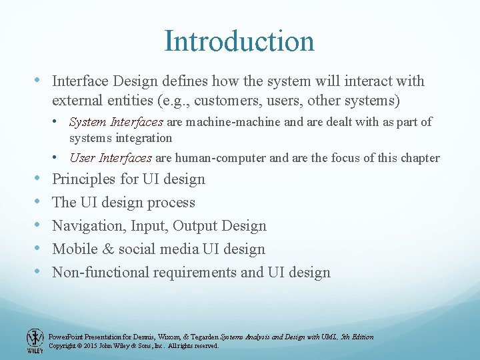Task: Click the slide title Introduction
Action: (x=239, y=41)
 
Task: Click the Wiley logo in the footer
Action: (x=35, y=340)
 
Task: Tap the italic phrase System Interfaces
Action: (x=116, y=122)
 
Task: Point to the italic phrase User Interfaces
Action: (x=111, y=158)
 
